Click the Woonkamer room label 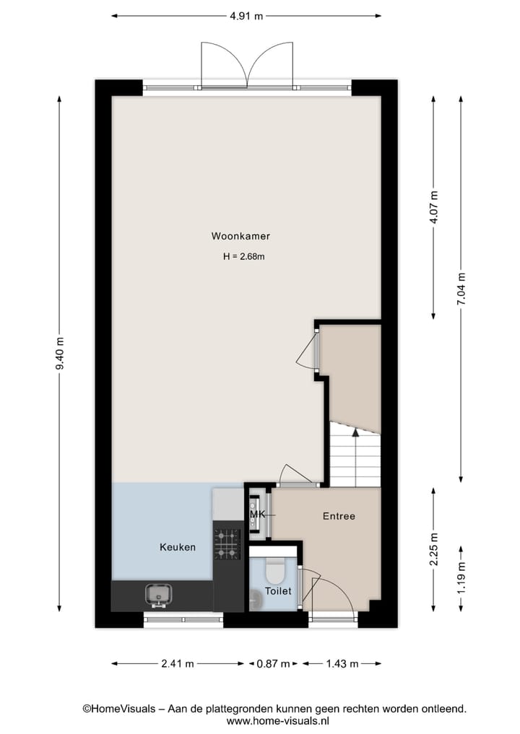pos(240,236)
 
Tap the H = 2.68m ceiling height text pos(245,256)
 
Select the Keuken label pos(178,547)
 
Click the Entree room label pos(339,516)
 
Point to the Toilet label pos(278,590)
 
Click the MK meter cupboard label pos(257,515)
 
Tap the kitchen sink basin pos(160,594)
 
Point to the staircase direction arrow pos(355,432)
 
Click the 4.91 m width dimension pos(246,16)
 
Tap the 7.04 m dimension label pos(461,289)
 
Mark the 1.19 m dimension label pos(462,577)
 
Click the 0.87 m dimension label pos(274,663)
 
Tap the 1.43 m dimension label pos(342,663)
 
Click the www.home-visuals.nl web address pos(278,720)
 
